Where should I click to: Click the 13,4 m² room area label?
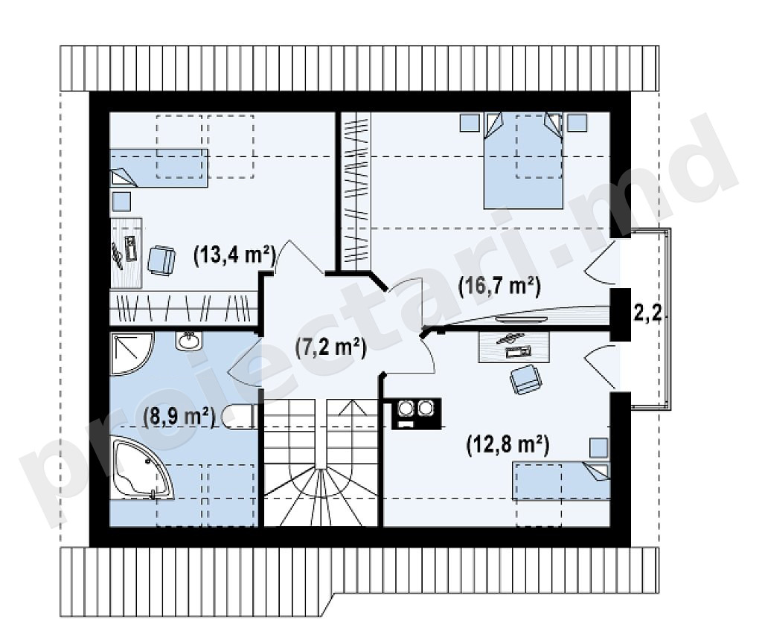coord(234,254)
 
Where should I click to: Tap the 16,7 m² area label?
coord(499,287)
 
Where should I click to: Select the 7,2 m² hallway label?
coord(330,348)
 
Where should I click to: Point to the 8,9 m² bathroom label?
coord(179,416)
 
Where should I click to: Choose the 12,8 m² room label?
coord(508,445)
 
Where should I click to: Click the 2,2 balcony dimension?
coord(647,313)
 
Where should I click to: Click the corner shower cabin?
coord(131,353)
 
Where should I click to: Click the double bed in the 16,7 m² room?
coord(523,160)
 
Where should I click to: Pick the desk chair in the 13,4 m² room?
coord(161,261)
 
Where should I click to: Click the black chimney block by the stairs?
coord(416,413)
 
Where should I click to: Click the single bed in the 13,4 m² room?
coord(159,168)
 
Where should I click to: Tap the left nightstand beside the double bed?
coord(470,122)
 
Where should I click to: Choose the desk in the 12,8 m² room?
coord(514,347)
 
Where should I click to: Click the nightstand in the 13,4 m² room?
coord(121,201)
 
